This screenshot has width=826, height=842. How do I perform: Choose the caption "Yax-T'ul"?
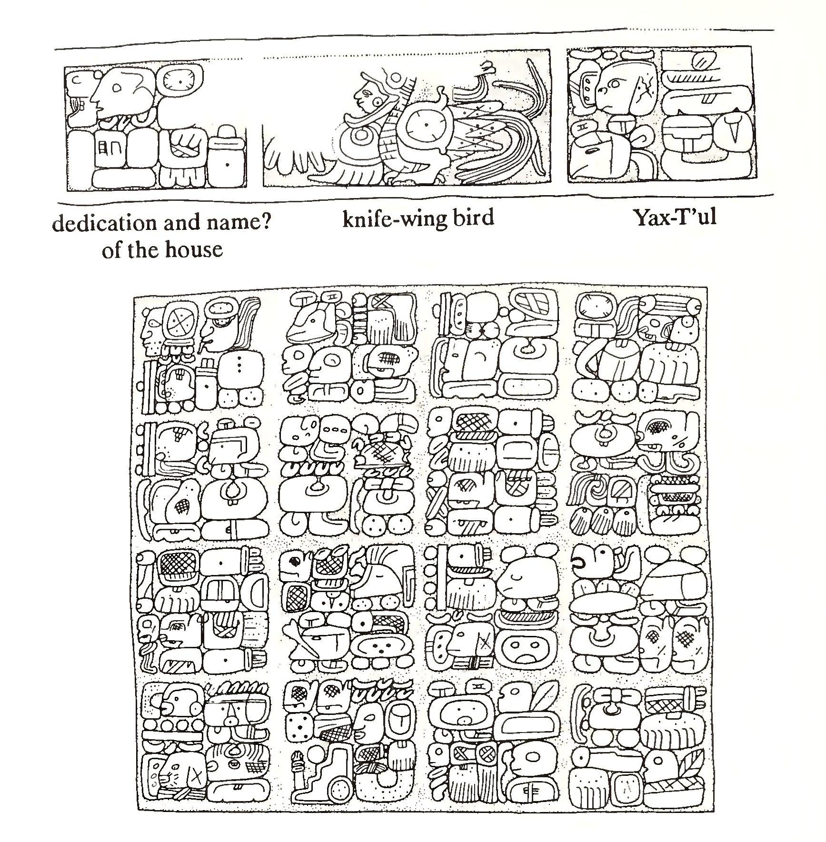pyautogui.click(x=675, y=218)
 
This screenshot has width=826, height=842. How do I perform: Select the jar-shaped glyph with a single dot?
pyautogui.click(x=227, y=158)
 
